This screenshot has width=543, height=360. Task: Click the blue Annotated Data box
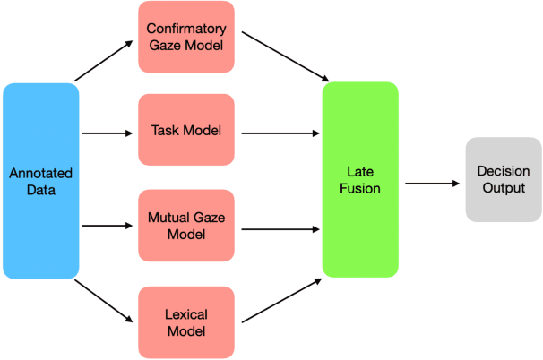[x=40, y=180]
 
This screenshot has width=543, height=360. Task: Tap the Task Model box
[x=186, y=132]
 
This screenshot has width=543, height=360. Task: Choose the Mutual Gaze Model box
[x=186, y=225]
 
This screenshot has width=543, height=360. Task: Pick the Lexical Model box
[x=186, y=323]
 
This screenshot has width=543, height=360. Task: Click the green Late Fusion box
[x=360, y=179]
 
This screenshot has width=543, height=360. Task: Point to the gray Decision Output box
[x=503, y=179]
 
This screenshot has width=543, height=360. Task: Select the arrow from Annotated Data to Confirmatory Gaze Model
[x=103, y=63]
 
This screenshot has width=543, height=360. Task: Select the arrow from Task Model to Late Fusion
[x=280, y=134]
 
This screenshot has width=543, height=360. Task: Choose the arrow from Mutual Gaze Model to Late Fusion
[x=280, y=228]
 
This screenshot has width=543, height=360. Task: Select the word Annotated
[x=40, y=172]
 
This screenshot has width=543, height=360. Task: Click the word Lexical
[x=186, y=315]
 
